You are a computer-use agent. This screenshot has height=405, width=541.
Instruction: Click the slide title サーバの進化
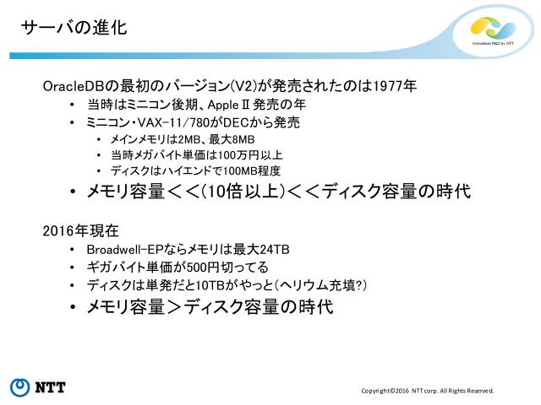(x=74, y=28)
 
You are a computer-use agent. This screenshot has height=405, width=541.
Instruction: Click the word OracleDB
(x=70, y=87)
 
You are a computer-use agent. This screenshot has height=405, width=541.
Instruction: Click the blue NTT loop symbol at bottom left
(x=19, y=387)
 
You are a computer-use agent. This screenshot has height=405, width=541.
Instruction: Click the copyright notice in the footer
(x=427, y=391)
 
